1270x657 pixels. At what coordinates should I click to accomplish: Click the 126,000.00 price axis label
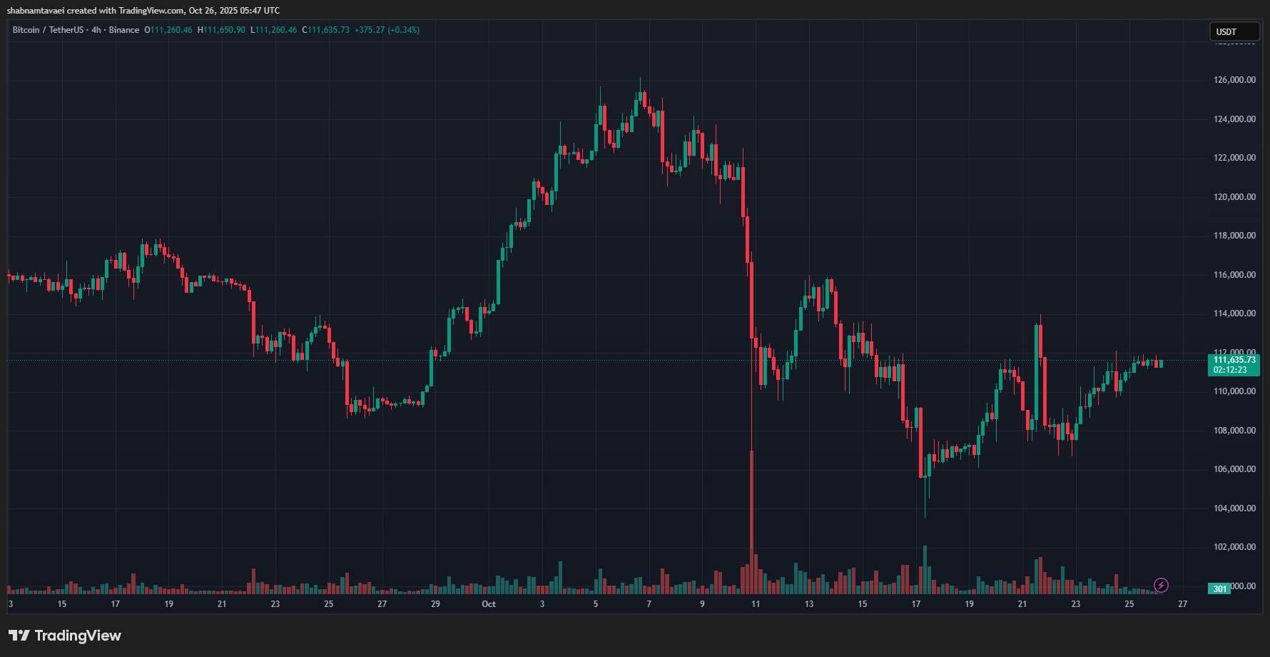[1234, 80]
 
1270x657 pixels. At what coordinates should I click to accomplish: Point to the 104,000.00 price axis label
[1234, 508]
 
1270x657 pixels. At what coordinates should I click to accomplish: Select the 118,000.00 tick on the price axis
[1234, 236]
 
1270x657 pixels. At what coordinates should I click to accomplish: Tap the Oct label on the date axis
[489, 604]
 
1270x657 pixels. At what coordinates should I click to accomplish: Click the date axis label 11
[756, 604]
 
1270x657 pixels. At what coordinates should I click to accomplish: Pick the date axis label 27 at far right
[1182, 604]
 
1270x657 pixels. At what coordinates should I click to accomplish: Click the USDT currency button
[1234, 32]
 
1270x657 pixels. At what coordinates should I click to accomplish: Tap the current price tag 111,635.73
[1234, 360]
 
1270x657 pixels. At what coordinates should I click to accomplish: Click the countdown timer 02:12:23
[1230, 370]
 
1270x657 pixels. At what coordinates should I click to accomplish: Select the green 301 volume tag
[1220, 588]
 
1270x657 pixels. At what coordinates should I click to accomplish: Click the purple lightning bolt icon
[1161, 586]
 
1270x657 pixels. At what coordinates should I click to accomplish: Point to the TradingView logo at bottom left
[65, 636]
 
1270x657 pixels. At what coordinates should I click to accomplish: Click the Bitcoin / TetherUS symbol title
[48, 30]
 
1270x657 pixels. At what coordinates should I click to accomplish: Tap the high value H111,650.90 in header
[221, 30]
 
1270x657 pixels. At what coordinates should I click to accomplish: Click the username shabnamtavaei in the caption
[36, 11]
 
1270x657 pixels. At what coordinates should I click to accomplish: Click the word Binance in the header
[124, 30]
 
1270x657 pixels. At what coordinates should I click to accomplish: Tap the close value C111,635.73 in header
[326, 30]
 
